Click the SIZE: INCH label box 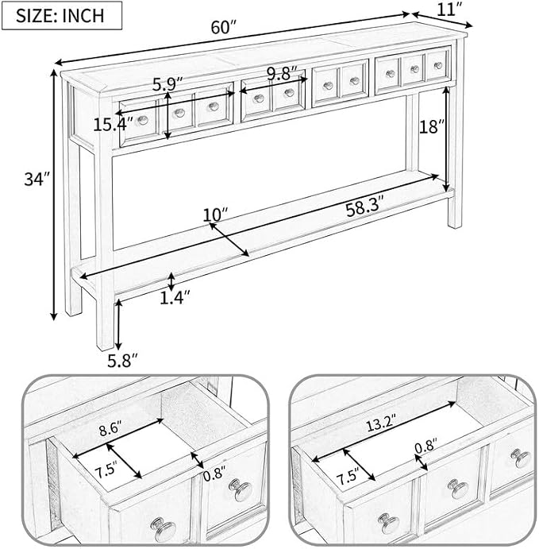coord(62,15)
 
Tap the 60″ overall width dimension coord(224,27)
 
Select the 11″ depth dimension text coord(450,10)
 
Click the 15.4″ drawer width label coord(113,125)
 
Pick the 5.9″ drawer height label coord(167,84)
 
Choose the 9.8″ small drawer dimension coord(282,74)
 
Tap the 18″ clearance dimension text coord(433,127)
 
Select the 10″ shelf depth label coord(215,215)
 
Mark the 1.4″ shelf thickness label coord(175,297)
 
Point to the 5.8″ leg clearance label coord(122,360)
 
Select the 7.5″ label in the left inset coord(106,470)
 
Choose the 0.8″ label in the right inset coord(426,446)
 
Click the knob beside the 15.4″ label coord(142,121)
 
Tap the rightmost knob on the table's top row coord(438,65)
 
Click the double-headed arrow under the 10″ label coord(229,239)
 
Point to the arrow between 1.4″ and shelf coord(171,282)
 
